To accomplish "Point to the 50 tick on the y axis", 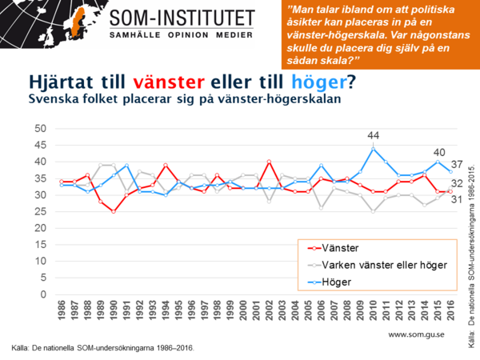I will (x=39, y=129).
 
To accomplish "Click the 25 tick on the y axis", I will (x=39, y=211).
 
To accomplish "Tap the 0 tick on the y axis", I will (x=42, y=294).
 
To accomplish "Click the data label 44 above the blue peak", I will (x=373, y=135).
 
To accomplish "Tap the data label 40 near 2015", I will (x=438, y=152).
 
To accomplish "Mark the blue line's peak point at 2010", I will (x=373, y=149).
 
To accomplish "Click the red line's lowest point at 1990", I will (x=114, y=212).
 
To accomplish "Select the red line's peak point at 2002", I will (x=269, y=162).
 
